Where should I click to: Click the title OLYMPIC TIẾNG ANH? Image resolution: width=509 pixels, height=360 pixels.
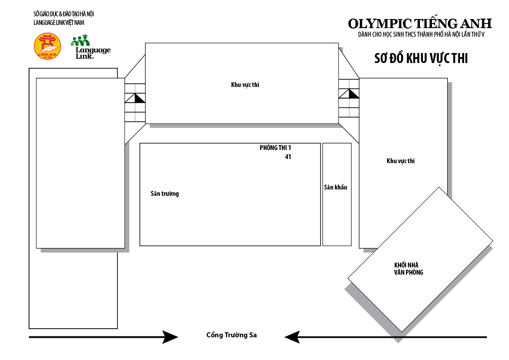click(420, 24)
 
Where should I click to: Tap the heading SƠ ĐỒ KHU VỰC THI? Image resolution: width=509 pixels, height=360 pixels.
click(421, 58)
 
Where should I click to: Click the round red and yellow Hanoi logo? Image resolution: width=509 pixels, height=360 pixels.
click(48, 46)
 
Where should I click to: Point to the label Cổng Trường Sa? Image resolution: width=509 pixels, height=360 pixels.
click(231, 335)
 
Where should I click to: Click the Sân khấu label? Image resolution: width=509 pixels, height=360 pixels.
click(335, 187)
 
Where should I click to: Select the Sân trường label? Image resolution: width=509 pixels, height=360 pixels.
click(165, 194)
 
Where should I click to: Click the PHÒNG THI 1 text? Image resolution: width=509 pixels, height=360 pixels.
click(275, 148)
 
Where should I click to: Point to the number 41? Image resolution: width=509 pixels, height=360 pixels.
click(288, 157)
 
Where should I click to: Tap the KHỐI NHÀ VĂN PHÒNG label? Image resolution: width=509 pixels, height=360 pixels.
click(409, 269)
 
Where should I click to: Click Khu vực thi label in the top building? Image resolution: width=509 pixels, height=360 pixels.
click(245, 84)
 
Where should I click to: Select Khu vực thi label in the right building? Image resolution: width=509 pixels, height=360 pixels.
click(400, 161)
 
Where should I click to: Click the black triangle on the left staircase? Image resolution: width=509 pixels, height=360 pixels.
click(139, 99)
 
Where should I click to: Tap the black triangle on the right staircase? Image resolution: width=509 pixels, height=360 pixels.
click(353, 94)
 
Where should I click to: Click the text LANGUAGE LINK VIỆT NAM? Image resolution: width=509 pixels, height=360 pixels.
click(59, 23)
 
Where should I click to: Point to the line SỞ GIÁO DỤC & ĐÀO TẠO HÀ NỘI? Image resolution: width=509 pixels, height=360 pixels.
click(63, 14)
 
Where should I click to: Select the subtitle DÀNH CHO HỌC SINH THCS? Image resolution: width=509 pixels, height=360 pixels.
click(421, 35)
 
